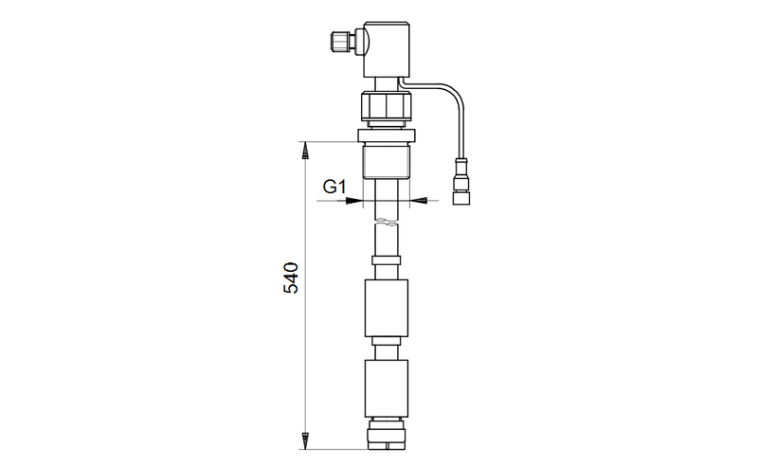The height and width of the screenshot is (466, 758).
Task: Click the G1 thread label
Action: click(334, 186)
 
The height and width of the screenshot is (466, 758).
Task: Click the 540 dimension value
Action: click(291, 278)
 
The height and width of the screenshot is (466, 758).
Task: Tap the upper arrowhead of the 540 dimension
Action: click(305, 151)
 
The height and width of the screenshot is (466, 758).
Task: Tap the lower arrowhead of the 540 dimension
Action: click(305, 440)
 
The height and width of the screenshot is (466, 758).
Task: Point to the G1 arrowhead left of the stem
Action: click(353, 200)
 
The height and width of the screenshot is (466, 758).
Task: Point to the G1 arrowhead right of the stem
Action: click(418, 200)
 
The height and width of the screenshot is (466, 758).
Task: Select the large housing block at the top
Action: click(387, 49)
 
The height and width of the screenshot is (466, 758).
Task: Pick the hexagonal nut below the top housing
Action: click(387, 107)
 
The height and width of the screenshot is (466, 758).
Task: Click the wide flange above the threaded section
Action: click(387, 135)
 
